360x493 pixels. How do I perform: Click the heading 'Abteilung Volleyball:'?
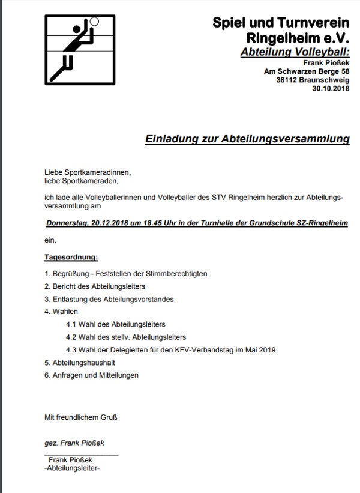point(294,52)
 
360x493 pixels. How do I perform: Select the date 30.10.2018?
point(331,89)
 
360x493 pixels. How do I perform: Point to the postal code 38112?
point(287,80)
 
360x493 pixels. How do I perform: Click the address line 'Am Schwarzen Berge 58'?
point(307,71)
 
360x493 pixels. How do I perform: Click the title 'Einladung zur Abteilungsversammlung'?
point(247,139)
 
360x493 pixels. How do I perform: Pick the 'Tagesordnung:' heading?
point(71,257)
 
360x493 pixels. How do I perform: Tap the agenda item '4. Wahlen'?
point(61,312)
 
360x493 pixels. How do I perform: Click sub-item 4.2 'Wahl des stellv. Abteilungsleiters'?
point(126,337)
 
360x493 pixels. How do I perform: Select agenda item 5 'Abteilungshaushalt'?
point(80,363)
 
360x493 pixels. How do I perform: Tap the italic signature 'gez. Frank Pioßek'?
point(74,443)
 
